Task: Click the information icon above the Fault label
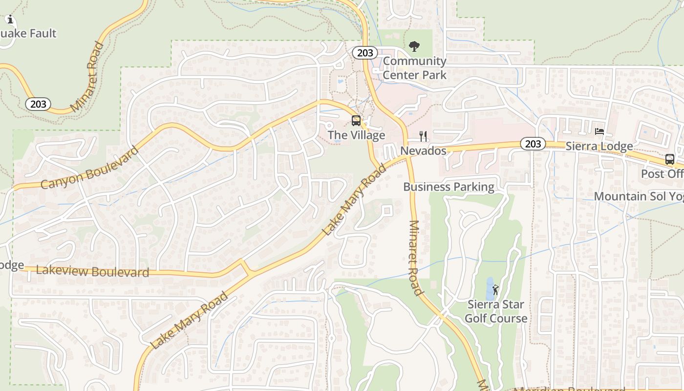(10, 20)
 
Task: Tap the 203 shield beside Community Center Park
(365, 53)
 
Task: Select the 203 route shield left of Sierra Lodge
(533, 144)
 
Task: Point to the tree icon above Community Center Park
(414, 47)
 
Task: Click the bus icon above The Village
(356, 121)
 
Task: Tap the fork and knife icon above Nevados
(423, 136)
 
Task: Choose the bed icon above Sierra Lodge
(599, 131)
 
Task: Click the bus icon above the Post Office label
(669, 159)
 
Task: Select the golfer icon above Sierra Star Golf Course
(495, 290)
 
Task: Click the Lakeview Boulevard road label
(92, 271)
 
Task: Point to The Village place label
(356, 135)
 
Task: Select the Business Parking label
(449, 187)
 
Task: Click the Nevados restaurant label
(423, 151)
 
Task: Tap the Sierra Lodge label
(599, 146)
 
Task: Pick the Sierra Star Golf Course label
(496, 311)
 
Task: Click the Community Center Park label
(414, 68)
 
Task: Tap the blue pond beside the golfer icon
(489, 289)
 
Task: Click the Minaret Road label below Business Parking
(415, 258)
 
